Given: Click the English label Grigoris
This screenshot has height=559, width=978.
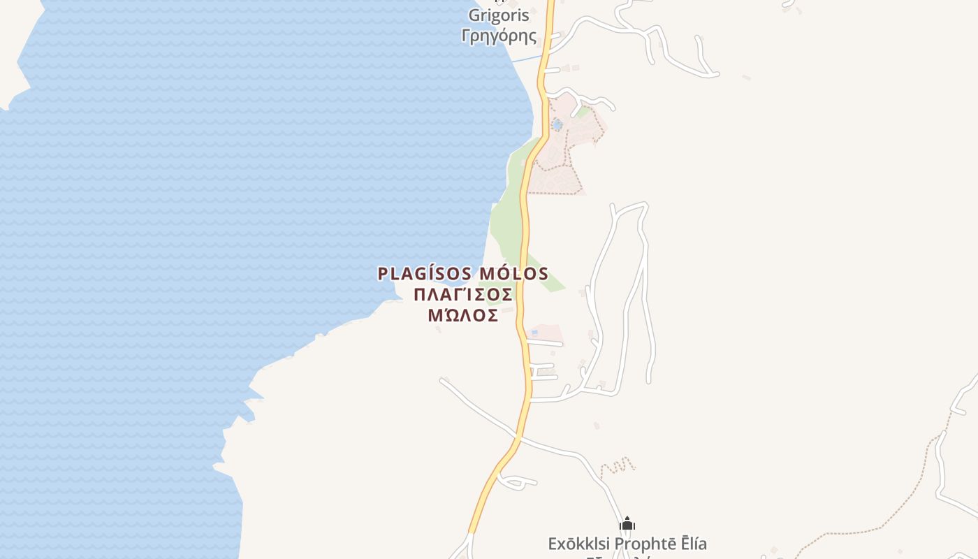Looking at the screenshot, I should pyautogui.click(x=499, y=15).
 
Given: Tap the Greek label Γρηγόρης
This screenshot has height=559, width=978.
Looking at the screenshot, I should pyautogui.click(x=499, y=36).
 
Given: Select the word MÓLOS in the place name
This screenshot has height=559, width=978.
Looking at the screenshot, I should pyautogui.click(x=513, y=274).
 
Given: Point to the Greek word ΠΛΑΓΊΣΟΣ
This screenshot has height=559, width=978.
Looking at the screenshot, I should pyautogui.click(x=463, y=294).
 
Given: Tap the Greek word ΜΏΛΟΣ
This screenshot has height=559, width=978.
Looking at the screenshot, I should pyautogui.click(x=463, y=315).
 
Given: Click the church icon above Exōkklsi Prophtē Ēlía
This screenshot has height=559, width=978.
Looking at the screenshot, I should pyautogui.click(x=627, y=523).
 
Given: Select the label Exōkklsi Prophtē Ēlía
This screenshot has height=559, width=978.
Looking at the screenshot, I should pyautogui.click(x=627, y=543).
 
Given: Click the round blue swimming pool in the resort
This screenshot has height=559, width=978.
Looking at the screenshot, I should pyautogui.click(x=557, y=125).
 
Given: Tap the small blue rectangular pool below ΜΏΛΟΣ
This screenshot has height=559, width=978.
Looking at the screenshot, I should pyautogui.click(x=534, y=332).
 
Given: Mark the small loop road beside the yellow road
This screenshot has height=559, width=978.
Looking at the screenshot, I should pyautogui.click(x=516, y=481).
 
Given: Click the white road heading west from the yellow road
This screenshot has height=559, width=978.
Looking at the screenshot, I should pyautogui.click(x=475, y=405).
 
